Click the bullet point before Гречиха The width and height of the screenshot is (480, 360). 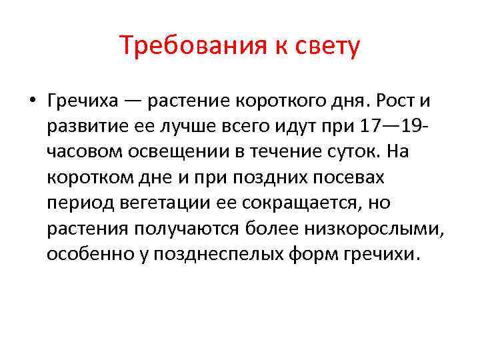point(32,101)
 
